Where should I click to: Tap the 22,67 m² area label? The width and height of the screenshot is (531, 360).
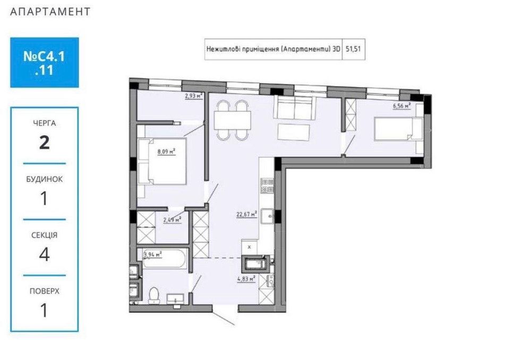[x=246, y=215]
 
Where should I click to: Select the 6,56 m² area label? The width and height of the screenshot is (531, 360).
[x=401, y=106]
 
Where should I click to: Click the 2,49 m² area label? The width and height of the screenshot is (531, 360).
[x=173, y=219]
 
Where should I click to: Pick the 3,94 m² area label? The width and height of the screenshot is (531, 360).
[x=152, y=254]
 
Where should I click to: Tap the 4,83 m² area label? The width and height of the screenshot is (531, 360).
[x=246, y=277]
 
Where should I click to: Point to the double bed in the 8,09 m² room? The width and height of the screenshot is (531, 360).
[x=161, y=161]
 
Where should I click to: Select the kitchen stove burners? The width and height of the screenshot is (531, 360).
[x=267, y=186]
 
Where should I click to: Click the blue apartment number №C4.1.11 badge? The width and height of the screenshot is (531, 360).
[x=45, y=62]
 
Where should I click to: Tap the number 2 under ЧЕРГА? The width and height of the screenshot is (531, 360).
[x=45, y=143]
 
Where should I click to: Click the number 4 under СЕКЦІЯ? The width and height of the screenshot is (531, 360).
[x=45, y=254]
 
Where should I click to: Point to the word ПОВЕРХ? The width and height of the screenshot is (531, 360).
[x=45, y=291]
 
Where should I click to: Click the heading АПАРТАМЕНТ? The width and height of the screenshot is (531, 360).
[x=50, y=11]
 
